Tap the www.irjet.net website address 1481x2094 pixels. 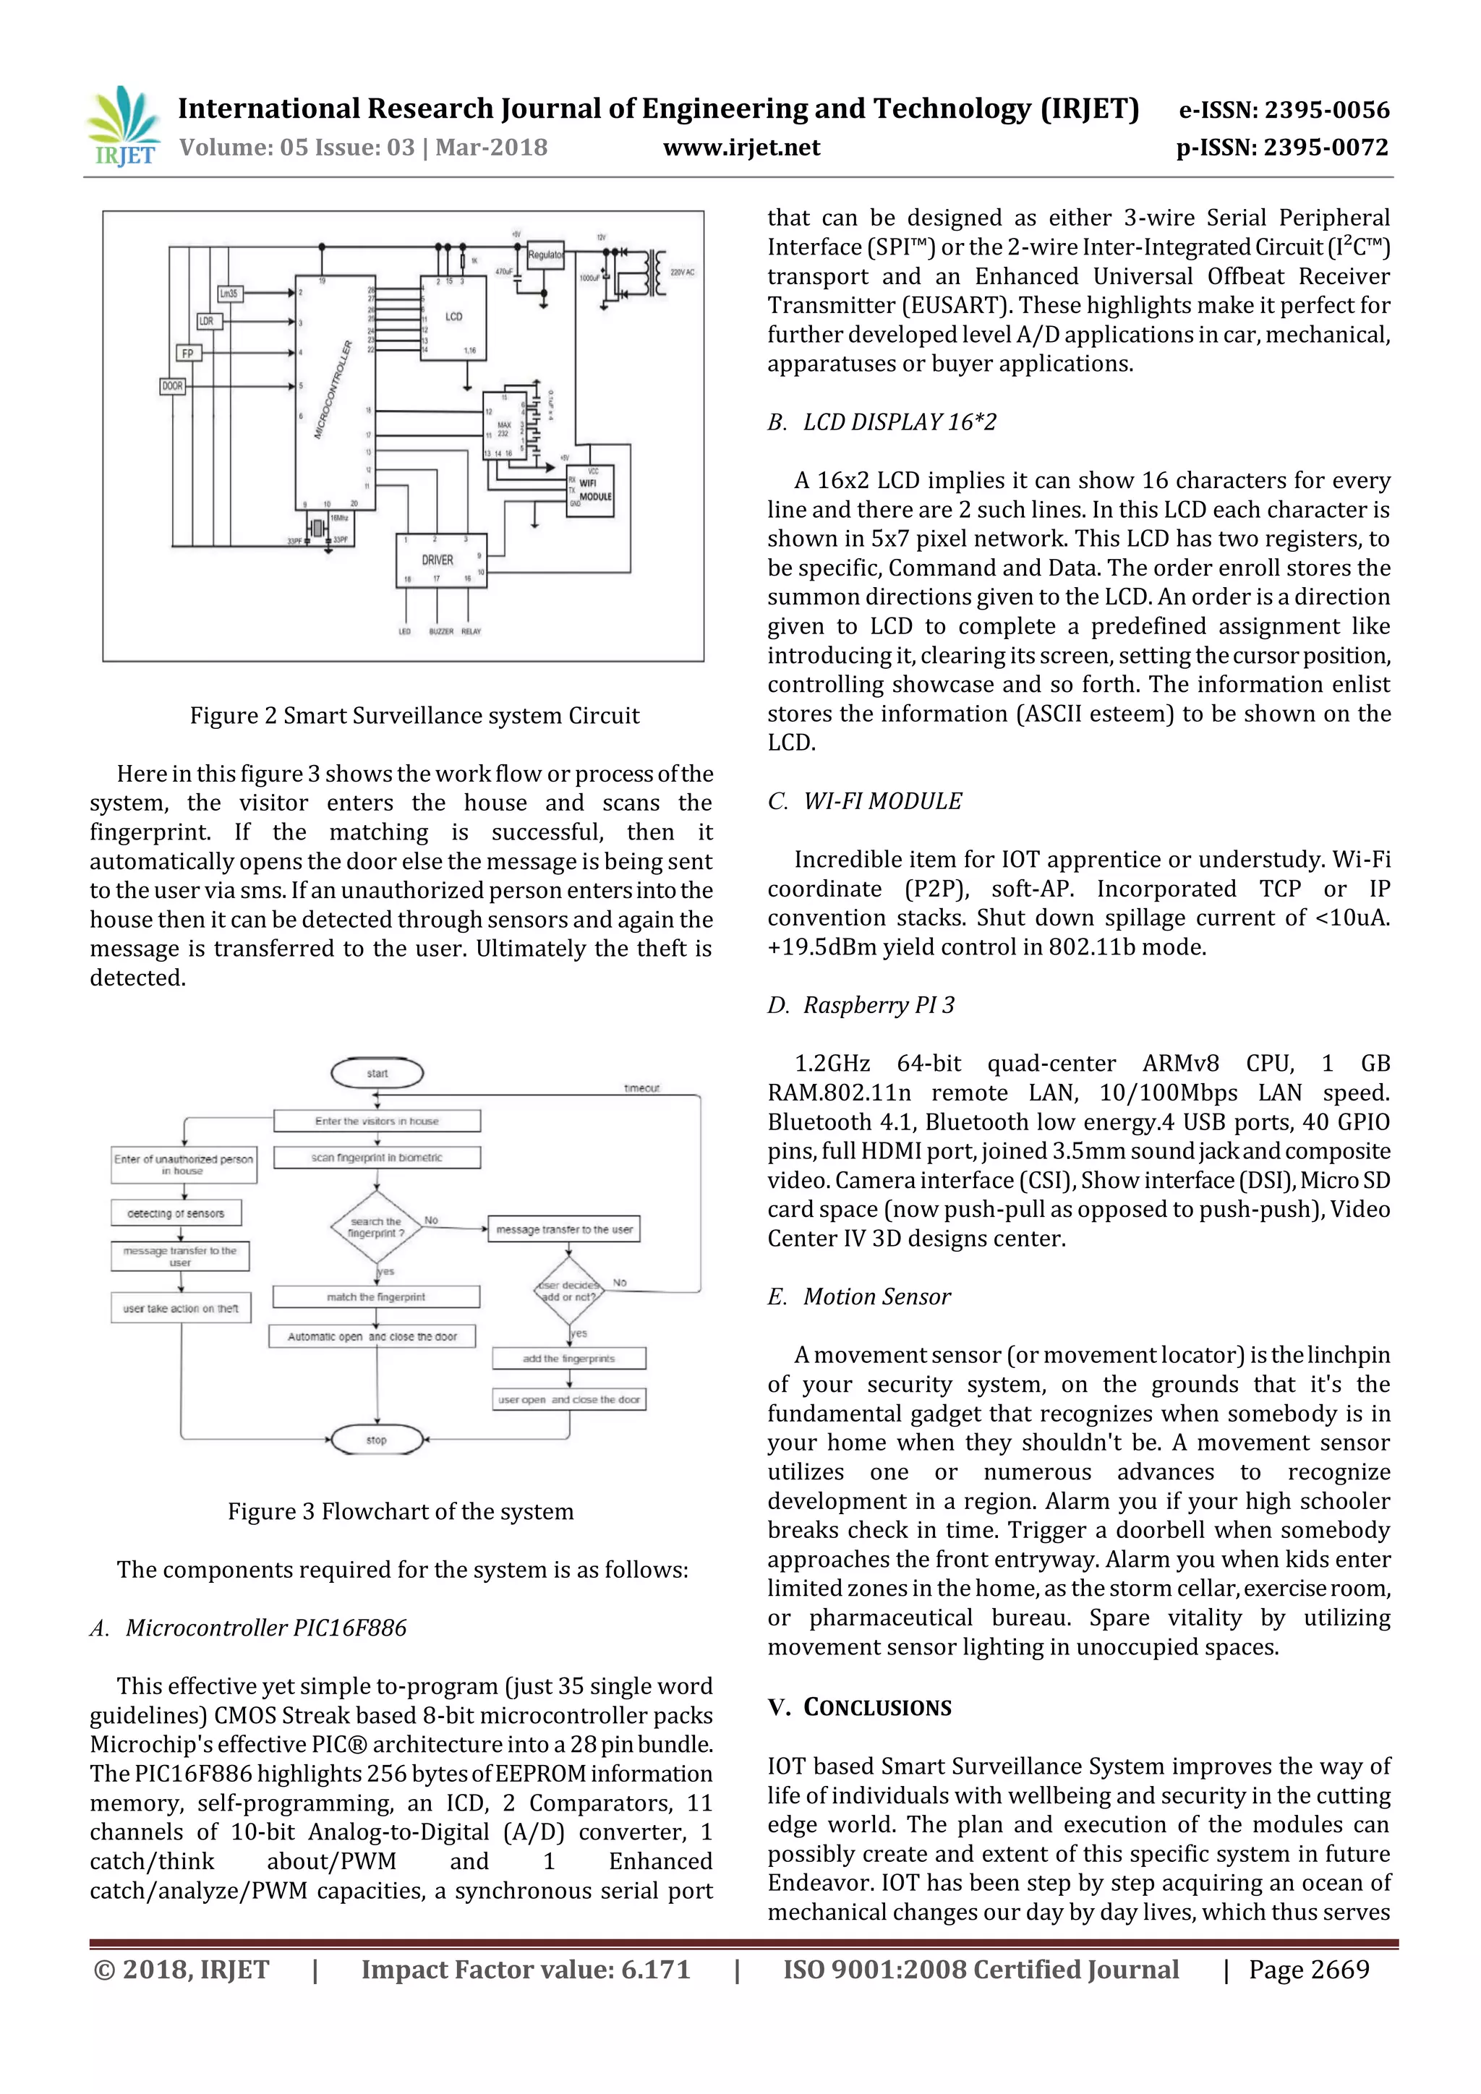point(740,148)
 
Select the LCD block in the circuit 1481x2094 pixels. point(453,317)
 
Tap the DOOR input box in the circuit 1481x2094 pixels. point(172,387)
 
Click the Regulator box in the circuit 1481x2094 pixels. point(545,255)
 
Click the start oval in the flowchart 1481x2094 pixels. point(377,1074)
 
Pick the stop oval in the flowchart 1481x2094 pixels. point(377,1440)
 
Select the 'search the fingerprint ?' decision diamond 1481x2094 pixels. point(376,1228)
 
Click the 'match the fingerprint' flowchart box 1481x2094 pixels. point(376,1297)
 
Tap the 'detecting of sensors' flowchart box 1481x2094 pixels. point(176,1214)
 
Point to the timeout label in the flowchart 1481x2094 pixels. point(641,1088)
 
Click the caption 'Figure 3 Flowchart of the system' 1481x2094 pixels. point(401,1511)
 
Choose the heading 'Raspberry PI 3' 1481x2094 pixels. point(877,1005)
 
